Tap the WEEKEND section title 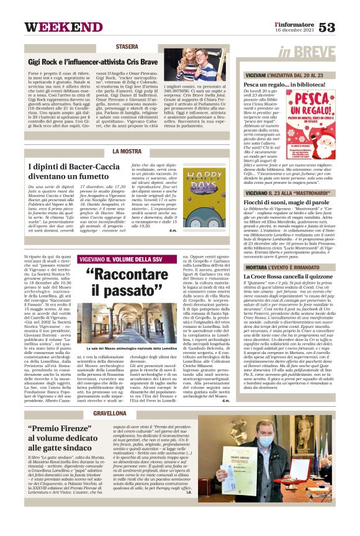55,27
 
